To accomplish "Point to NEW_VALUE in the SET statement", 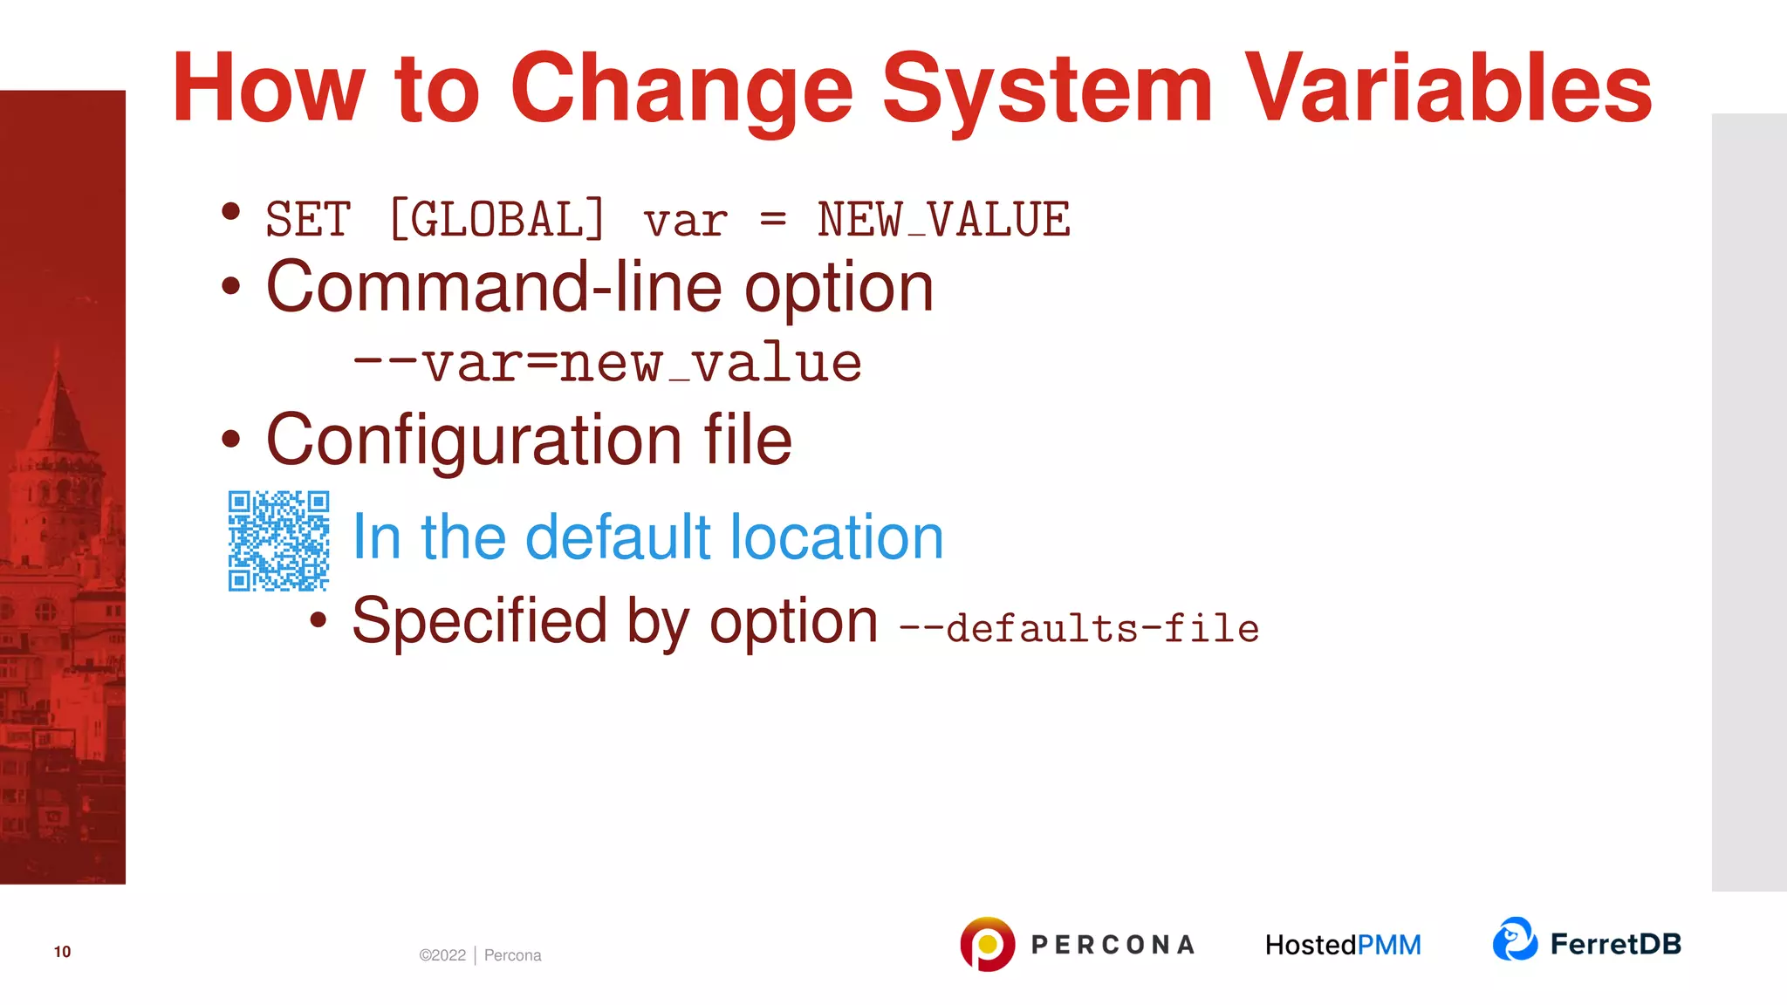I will click(x=943, y=219).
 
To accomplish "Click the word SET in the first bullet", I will click(x=308, y=219).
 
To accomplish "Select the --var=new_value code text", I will click(x=607, y=363).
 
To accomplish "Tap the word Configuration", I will click(x=475, y=441).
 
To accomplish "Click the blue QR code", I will click(x=278, y=541).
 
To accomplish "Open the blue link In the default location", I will click(x=647, y=537).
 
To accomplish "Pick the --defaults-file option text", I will click(x=1078, y=628).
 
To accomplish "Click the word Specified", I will click(x=479, y=621).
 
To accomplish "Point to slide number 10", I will click(x=62, y=952).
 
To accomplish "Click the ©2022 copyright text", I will click(x=442, y=955).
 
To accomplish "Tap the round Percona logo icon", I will click(x=987, y=944).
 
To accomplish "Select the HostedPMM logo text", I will click(x=1343, y=945).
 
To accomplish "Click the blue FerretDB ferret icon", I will click(x=1515, y=940).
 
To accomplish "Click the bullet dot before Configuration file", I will click(x=230, y=440).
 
